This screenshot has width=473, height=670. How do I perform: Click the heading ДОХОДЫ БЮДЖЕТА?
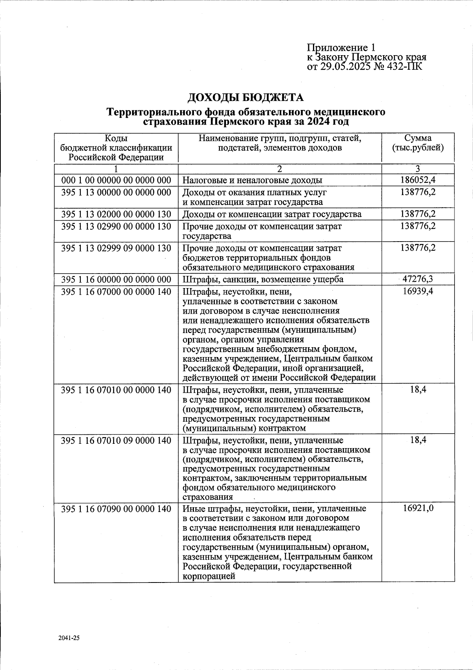click(245, 97)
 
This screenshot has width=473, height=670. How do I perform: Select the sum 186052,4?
click(418, 181)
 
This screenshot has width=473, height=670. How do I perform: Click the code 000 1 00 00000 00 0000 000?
click(116, 181)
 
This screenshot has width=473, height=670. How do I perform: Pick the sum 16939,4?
click(418, 292)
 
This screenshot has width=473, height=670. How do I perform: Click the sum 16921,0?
click(418, 508)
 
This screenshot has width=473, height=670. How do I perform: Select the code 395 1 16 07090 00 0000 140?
click(116, 509)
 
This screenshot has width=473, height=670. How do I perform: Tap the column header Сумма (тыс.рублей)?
click(418, 143)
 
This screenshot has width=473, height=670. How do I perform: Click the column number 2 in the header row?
click(279, 169)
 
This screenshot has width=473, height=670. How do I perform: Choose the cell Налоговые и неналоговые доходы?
click(252, 181)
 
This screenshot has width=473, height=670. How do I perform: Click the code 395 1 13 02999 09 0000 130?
click(116, 248)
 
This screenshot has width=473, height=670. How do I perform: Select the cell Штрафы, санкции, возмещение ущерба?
click(263, 279)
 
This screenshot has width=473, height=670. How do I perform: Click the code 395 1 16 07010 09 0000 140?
click(116, 440)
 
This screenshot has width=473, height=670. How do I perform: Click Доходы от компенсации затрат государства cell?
click(272, 214)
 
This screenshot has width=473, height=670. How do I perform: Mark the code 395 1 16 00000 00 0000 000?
click(116, 279)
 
